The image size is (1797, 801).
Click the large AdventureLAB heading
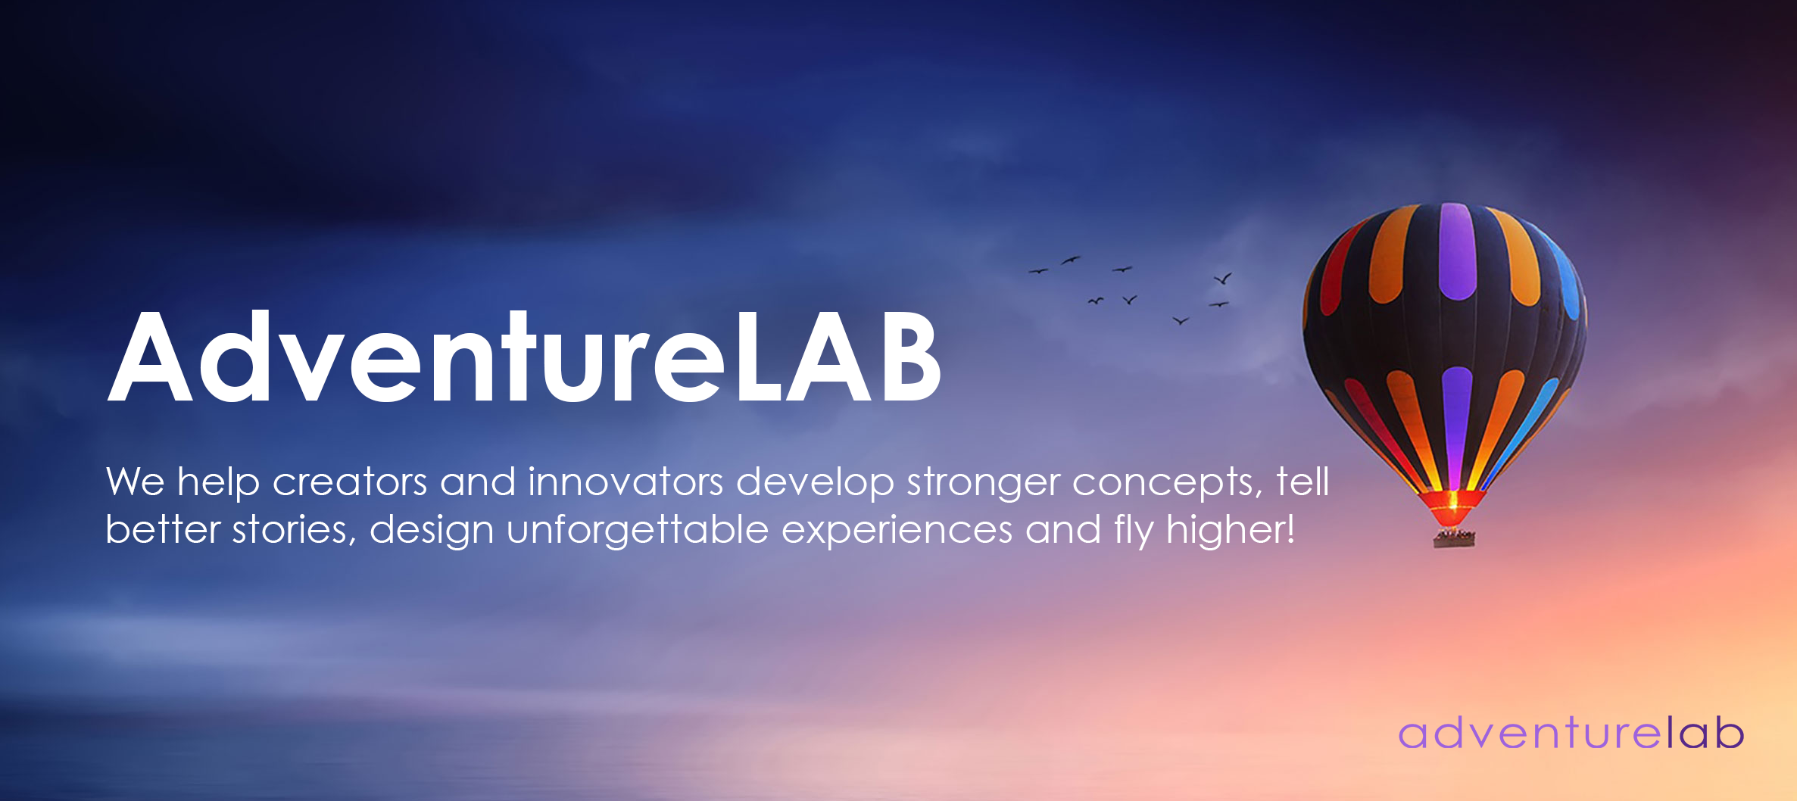[524, 356]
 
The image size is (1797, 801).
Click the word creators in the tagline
[350, 482]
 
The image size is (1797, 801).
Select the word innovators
[626, 482]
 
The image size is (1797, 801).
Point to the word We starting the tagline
[136, 482]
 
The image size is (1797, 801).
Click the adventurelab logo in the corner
[1571, 732]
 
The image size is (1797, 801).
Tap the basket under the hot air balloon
[1454, 538]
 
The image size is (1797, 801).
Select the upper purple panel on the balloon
[1457, 251]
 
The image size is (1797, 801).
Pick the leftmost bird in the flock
[1037, 270]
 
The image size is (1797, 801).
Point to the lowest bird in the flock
[1181, 321]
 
